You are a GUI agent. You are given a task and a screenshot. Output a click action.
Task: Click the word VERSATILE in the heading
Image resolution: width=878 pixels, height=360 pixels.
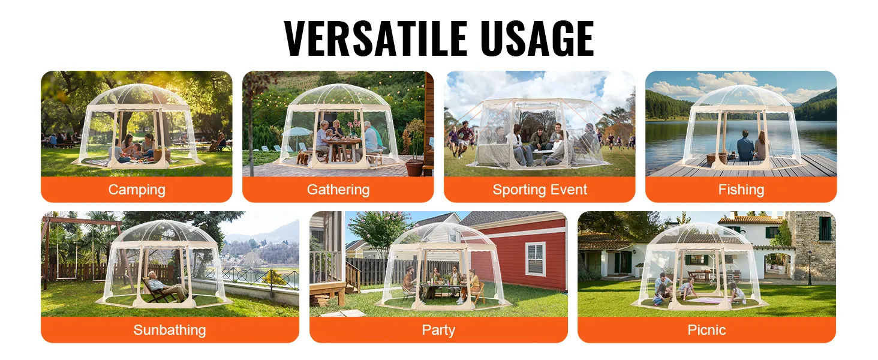pyautogui.click(x=376, y=38)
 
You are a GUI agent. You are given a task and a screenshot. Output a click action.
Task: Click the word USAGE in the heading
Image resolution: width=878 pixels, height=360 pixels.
pyautogui.click(x=537, y=38)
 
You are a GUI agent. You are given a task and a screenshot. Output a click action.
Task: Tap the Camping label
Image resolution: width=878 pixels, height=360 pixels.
pyautogui.click(x=137, y=190)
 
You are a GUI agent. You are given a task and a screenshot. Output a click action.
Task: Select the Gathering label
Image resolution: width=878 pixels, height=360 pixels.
pyautogui.click(x=338, y=190)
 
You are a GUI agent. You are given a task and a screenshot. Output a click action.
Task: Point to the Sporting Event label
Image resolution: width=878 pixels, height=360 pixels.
pyautogui.click(x=540, y=190)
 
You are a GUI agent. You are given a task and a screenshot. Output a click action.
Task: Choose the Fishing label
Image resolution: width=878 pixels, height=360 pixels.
pyautogui.click(x=741, y=190)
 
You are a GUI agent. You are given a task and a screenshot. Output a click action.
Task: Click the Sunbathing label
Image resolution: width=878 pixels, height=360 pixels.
pyautogui.click(x=170, y=330)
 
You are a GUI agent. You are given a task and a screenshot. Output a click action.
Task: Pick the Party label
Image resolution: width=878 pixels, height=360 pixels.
pyautogui.click(x=438, y=330)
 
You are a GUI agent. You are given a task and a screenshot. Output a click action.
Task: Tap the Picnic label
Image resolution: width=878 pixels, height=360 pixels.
pyautogui.click(x=706, y=330)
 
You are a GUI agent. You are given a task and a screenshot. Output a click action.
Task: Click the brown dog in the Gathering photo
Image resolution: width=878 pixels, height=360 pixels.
pyautogui.click(x=302, y=157)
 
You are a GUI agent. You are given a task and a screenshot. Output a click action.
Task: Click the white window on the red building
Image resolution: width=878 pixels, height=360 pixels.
pyautogui.click(x=536, y=259)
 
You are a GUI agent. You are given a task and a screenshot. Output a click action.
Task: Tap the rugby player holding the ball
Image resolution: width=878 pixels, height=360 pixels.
pyautogui.click(x=464, y=138)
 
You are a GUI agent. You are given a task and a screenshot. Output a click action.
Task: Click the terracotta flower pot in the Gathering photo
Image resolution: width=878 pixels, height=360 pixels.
pyautogui.click(x=414, y=168)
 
